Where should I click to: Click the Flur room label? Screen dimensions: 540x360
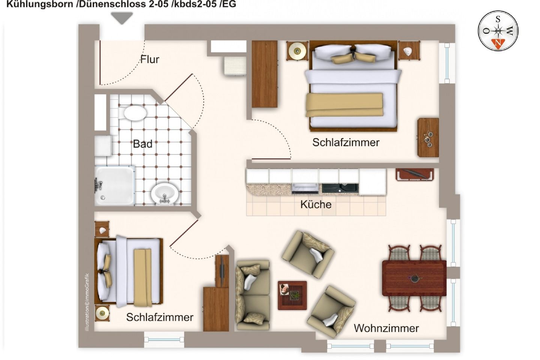(150, 59)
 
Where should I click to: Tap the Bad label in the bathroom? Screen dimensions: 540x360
(143, 144)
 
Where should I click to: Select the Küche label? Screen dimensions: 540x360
(316, 204)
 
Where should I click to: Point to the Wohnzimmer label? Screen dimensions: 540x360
(386, 328)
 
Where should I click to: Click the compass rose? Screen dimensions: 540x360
(498, 31)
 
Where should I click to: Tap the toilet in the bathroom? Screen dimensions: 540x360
(135, 112)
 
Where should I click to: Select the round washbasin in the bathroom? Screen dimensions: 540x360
(165, 193)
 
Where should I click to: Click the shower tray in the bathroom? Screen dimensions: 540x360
(114, 185)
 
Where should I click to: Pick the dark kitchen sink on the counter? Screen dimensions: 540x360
(340, 188)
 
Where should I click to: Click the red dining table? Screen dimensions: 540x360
(414, 278)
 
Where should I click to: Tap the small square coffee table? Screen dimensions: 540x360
(292, 295)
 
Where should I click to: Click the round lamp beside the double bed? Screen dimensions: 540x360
(297, 51)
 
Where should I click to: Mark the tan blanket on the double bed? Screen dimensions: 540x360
(345, 105)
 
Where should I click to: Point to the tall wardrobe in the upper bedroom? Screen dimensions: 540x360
(264, 74)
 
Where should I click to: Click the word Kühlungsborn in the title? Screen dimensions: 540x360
(40, 4)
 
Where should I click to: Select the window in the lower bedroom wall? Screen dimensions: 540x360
(164, 339)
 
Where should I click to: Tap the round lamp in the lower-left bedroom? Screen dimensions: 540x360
(102, 313)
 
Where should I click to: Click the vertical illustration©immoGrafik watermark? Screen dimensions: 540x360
(87, 302)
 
